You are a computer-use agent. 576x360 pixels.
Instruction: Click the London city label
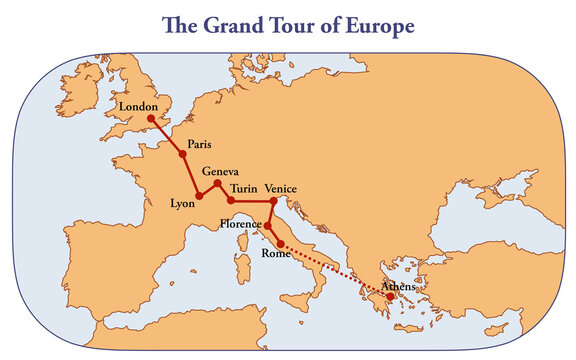pos(138,106)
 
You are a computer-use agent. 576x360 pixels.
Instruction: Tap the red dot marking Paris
pos(183,154)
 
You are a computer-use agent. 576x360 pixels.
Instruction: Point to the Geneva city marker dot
pos(218,183)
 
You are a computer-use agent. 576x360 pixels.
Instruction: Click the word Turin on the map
pos(244,188)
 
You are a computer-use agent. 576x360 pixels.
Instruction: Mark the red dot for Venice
pos(274,201)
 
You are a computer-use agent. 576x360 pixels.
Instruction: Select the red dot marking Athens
pos(390,296)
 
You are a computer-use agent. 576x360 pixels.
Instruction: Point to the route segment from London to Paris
pos(167,137)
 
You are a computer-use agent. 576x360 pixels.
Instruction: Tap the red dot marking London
pos(151,118)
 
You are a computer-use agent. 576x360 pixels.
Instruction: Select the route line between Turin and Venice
pos(253,201)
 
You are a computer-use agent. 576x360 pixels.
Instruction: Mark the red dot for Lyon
pos(200,196)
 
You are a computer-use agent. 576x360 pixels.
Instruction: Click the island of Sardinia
pos(239,267)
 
